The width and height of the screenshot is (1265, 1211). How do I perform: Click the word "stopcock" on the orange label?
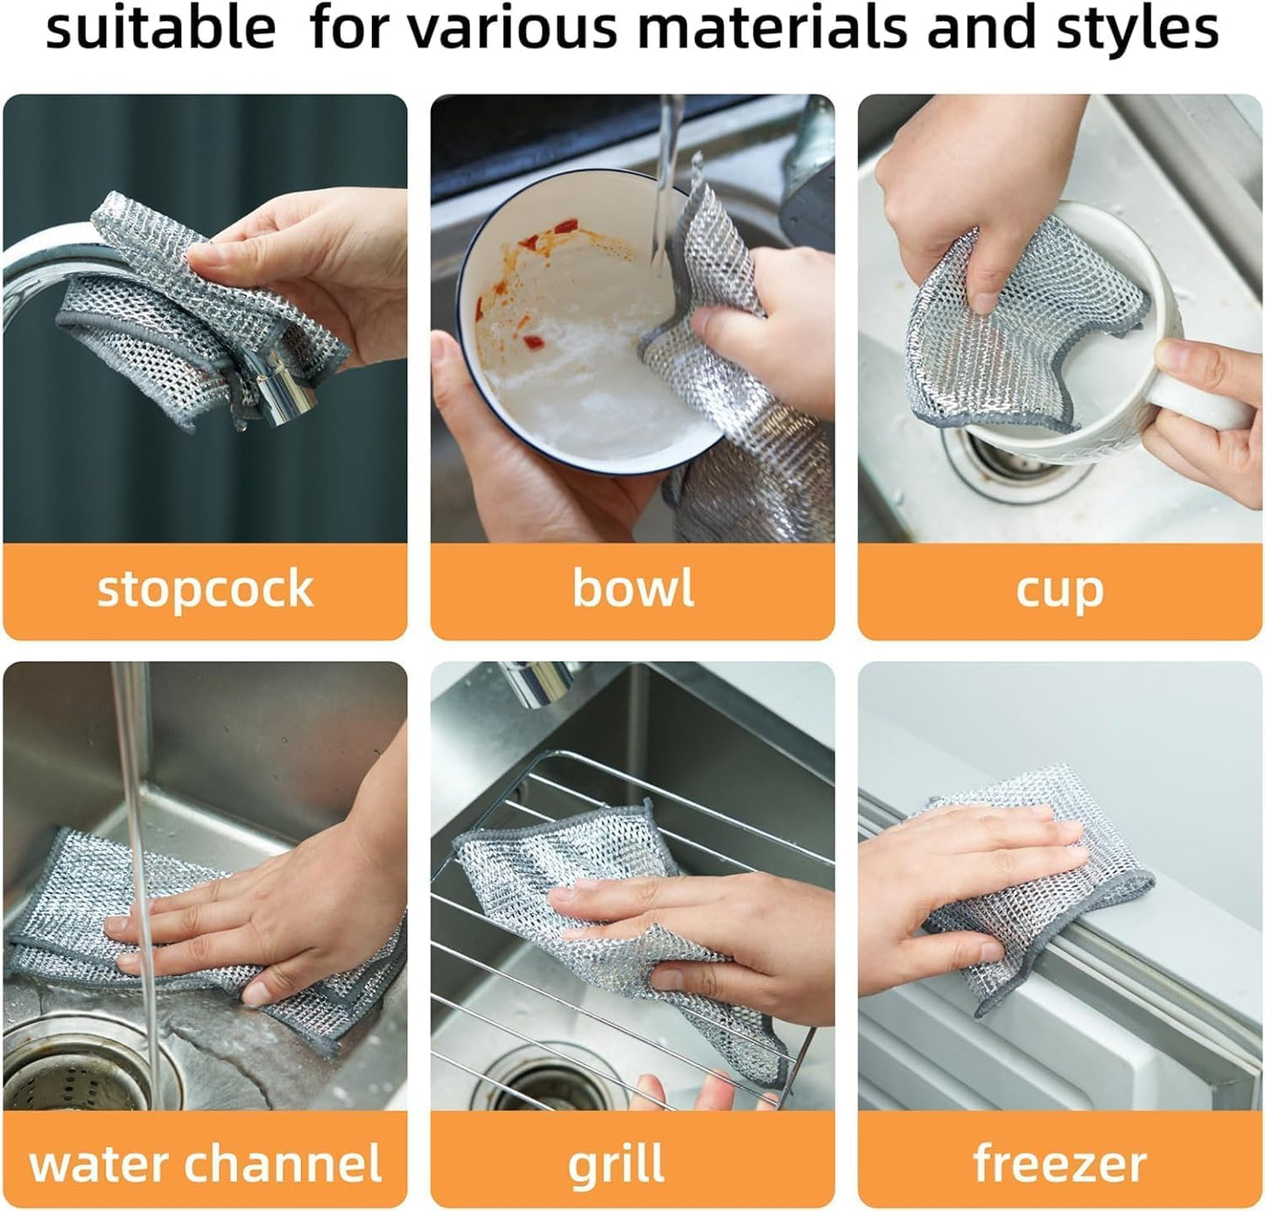tap(205, 588)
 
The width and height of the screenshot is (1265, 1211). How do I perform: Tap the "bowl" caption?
tap(633, 588)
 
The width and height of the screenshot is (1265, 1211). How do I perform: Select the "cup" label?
tap(1059, 591)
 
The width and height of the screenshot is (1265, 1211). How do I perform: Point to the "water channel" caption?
tap(205, 1164)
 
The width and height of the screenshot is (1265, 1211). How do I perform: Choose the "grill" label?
tap(616, 1165)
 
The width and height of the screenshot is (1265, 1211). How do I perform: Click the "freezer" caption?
tap(1059, 1164)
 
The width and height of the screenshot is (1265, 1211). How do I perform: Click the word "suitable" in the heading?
tap(160, 28)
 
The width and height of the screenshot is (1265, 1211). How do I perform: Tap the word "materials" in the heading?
tap(773, 28)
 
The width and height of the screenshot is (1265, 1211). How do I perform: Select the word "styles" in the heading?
tap(1137, 28)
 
